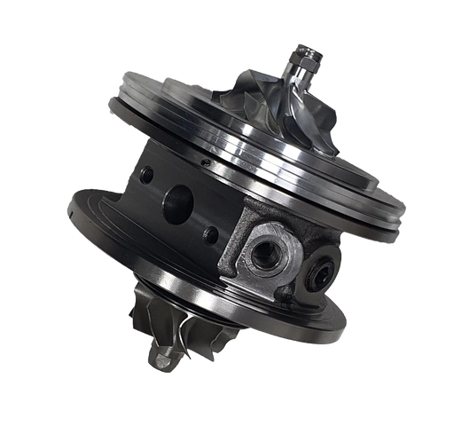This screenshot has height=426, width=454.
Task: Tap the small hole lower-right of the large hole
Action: tap(209, 235)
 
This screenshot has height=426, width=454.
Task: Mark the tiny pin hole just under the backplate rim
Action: tap(206, 162)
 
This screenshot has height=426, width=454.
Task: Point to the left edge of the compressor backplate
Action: tap(110, 94)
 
